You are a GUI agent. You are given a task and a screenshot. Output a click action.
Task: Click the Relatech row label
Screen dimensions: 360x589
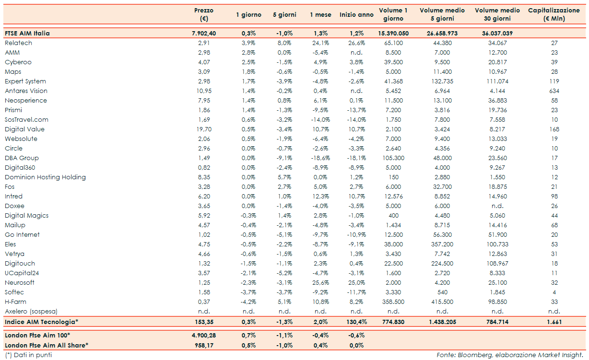[18, 43]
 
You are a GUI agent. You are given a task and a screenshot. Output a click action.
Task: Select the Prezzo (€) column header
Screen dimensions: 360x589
[204, 14]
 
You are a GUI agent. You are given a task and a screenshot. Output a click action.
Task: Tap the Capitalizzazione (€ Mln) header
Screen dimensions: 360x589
[554, 14]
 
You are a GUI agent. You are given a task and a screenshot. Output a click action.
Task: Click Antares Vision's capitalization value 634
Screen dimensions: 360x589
[554, 91]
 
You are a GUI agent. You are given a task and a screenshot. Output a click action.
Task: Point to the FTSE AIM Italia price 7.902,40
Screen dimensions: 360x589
[204, 34]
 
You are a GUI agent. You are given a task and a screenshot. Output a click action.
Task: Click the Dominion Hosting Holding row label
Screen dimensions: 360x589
[45, 177]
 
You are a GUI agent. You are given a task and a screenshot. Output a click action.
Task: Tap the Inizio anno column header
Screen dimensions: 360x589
[356, 15]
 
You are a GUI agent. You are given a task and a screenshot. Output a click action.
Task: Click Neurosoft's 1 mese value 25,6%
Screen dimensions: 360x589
[320, 283]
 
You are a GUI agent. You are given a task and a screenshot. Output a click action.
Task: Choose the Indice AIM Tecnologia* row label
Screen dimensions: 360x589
[41, 322]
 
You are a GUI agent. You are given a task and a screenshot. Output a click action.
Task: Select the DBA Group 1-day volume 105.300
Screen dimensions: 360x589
[393, 158]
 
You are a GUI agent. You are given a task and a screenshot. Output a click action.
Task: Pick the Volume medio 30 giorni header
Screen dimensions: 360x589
[498, 14]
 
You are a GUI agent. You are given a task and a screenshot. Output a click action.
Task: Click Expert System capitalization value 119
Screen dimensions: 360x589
[554, 81]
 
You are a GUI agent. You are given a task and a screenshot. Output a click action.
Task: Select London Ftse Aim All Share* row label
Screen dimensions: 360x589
[47, 345]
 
